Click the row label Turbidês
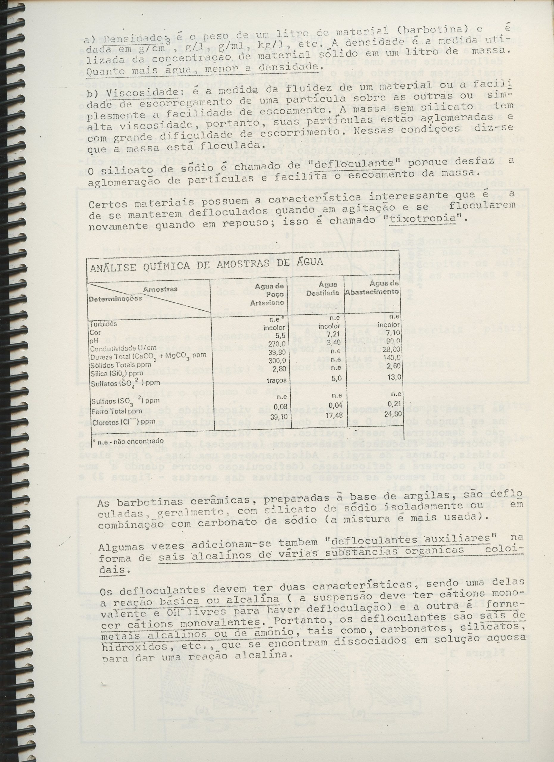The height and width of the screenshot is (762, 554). pos(103,324)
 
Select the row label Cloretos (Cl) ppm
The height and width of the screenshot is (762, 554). pos(117,422)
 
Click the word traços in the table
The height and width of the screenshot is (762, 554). pos(277,380)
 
